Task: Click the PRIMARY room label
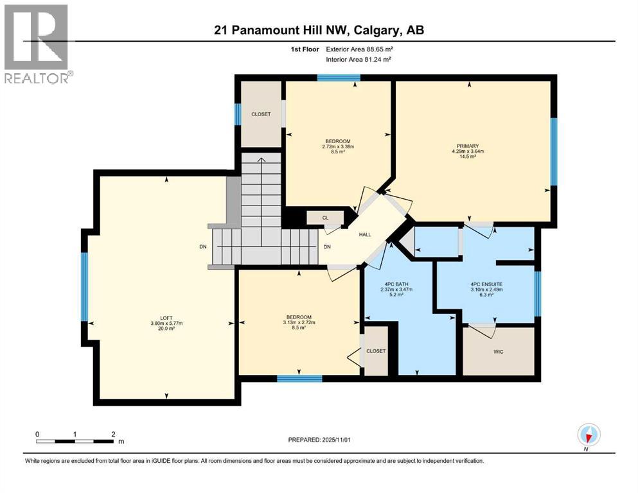tap(468, 146)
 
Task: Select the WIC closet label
tap(498, 352)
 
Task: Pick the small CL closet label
tap(325, 218)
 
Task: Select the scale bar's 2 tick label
tap(113, 434)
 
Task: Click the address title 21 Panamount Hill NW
tap(319, 30)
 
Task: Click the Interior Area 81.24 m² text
tap(359, 59)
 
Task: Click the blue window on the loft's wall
tap(84, 286)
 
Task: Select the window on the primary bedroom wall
tap(554, 152)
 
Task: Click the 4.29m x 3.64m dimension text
tap(467, 151)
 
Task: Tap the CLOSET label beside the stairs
tap(261, 114)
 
